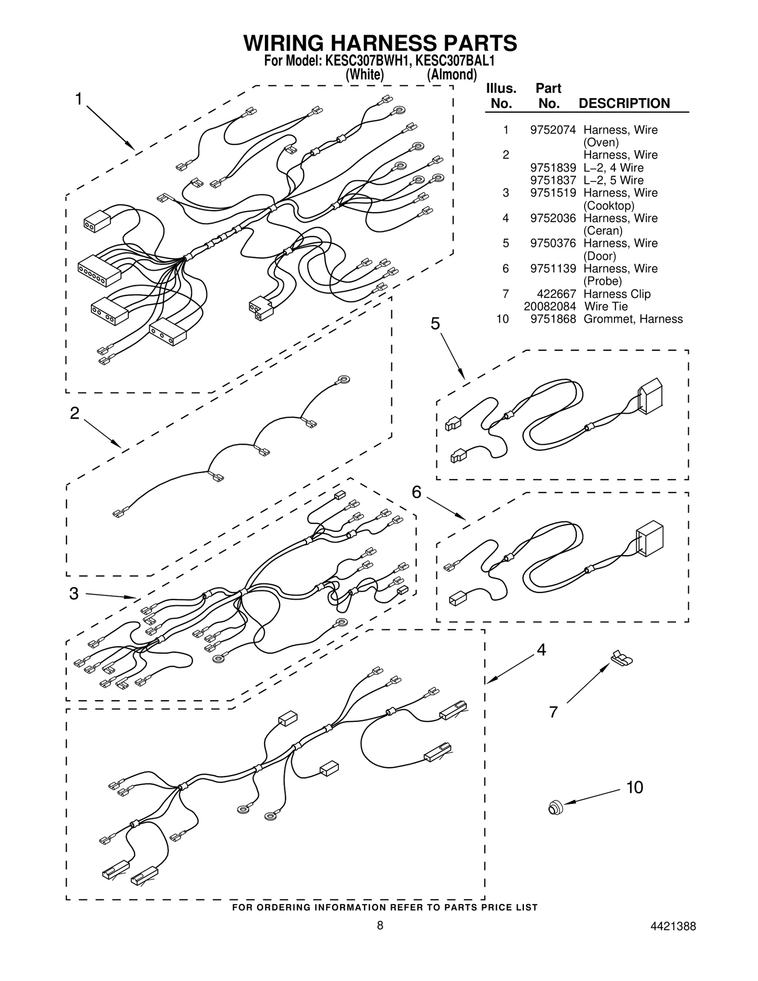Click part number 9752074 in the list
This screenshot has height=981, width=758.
tap(553, 130)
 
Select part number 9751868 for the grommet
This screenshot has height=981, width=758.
tap(553, 319)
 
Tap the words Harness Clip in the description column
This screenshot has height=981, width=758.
tap(617, 294)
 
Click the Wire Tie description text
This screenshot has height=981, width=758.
tap(606, 306)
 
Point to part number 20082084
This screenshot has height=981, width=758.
tap(550, 306)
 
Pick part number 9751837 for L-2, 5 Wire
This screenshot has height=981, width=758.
tap(553, 180)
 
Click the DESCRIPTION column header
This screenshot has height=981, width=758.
tap(624, 103)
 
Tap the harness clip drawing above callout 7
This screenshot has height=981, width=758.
tap(622, 658)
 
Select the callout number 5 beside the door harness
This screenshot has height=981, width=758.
tap(435, 324)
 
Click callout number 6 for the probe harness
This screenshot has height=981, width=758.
tap(416, 493)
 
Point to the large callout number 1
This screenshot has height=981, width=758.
tap(79, 99)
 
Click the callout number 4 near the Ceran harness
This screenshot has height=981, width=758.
tap(541, 650)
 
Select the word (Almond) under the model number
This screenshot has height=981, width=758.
tap(451, 75)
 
